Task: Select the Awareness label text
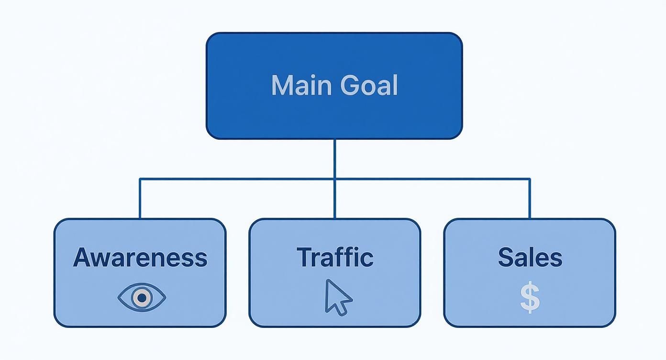click(140, 258)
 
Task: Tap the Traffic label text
click(334, 257)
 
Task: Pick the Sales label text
click(530, 258)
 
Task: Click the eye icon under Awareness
click(142, 298)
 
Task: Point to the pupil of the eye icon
click(142, 298)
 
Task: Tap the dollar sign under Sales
click(530, 298)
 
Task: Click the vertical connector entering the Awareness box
click(140, 201)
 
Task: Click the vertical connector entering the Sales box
click(530, 201)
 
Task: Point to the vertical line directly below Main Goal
click(334, 158)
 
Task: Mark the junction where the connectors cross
click(334, 180)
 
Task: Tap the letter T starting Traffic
click(304, 257)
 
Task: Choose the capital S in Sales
click(506, 258)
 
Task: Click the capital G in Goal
click(351, 86)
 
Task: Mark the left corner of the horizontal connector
click(140, 180)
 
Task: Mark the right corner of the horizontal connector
click(530, 180)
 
